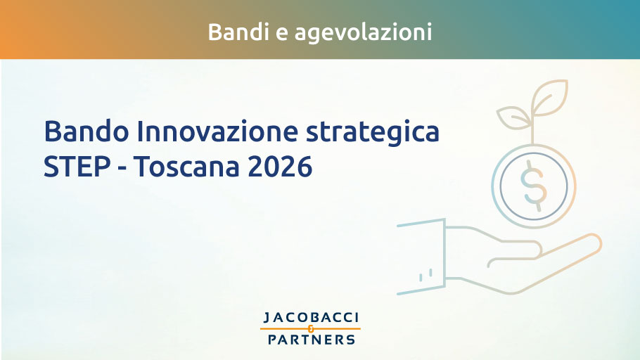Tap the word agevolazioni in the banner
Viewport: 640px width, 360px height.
pyautogui.click(x=364, y=33)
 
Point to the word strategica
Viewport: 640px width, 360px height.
pyautogui.click(x=373, y=133)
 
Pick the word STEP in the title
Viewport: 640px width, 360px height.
pyautogui.click(x=77, y=166)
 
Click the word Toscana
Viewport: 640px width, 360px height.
pyautogui.click(x=186, y=166)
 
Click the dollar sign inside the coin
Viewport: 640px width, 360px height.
pyautogui.click(x=533, y=186)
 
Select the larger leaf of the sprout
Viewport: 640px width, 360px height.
pyautogui.click(x=550, y=97)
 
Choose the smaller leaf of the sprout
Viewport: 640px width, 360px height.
pyautogui.click(x=513, y=117)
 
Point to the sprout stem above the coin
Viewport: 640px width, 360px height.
pyautogui.click(x=532, y=130)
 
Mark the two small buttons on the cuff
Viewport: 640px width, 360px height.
pyautogui.click(x=425, y=275)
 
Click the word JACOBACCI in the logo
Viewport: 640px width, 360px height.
pyautogui.click(x=311, y=318)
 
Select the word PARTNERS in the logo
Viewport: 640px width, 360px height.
pyautogui.click(x=312, y=339)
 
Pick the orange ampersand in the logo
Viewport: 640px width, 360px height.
pyautogui.click(x=311, y=328)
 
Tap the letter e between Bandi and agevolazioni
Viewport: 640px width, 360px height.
pyautogui.click(x=282, y=34)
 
